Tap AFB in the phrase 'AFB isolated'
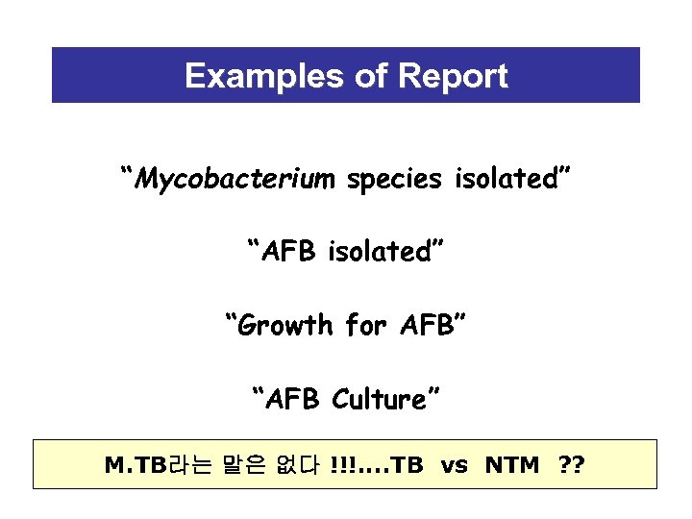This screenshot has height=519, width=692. [291, 252]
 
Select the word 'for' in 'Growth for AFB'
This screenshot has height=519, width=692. [364, 326]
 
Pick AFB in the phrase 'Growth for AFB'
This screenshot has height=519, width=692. [426, 326]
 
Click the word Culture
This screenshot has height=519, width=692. [384, 399]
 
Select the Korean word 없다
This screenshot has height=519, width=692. [296, 466]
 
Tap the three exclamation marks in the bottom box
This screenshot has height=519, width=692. [339, 466]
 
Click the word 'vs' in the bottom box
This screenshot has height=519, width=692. [455, 466]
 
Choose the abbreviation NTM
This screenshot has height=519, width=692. [512, 466]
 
